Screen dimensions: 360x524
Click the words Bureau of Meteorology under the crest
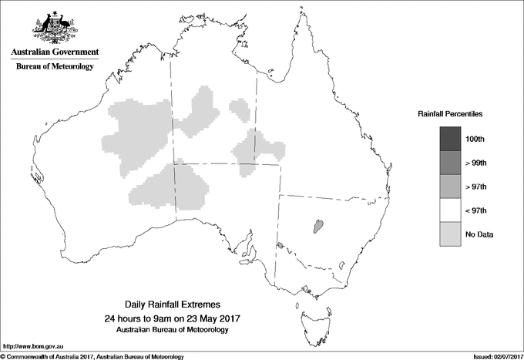pos(54,67)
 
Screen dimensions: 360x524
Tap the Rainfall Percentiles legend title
pos(450,113)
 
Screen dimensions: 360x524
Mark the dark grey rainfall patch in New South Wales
pos(317,226)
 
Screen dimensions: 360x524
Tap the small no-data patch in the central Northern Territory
pos(240,109)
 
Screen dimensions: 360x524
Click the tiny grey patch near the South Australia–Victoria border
pos(280,247)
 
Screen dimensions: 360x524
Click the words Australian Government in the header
pos(54,52)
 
